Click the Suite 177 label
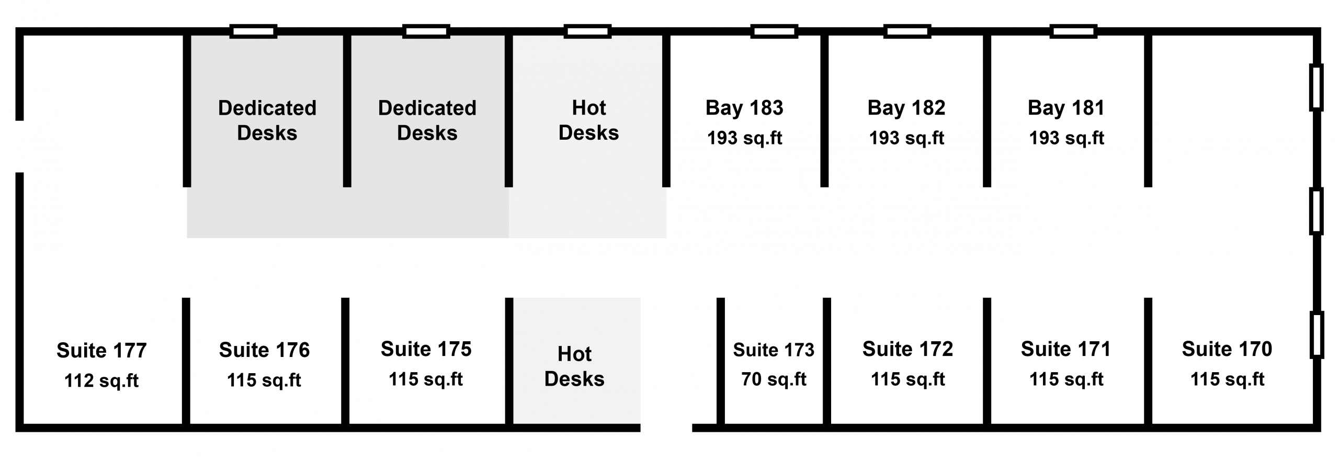[101, 351]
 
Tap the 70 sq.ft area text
[774, 379]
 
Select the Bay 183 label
[744, 108]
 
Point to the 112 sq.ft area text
[101, 380]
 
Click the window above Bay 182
[907, 31]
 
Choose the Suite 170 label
[1227, 349]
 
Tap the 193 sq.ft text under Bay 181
[1066, 138]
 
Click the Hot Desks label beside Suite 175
[574, 366]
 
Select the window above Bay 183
[774, 31]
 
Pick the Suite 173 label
[774, 350]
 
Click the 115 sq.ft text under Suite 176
[264, 380]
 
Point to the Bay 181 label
[1066, 108]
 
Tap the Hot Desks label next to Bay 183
[589, 120]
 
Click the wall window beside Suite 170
[1317, 335]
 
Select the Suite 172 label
[908, 349]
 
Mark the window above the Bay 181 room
[1073, 31]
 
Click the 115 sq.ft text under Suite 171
[1066, 379]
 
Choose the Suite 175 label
[426, 349]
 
